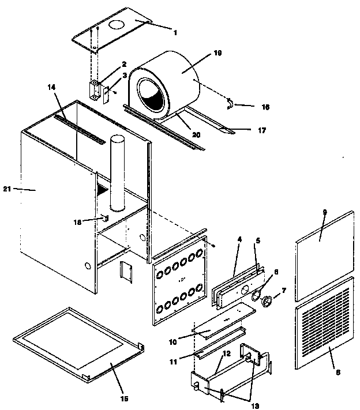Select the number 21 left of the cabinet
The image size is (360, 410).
pos(7,189)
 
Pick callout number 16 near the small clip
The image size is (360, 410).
pos(265,107)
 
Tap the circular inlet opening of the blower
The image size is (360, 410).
pos(151,94)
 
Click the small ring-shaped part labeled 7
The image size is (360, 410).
pos(268,300)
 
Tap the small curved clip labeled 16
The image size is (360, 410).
pos(230,103)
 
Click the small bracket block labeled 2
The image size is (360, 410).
pos(93,89)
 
